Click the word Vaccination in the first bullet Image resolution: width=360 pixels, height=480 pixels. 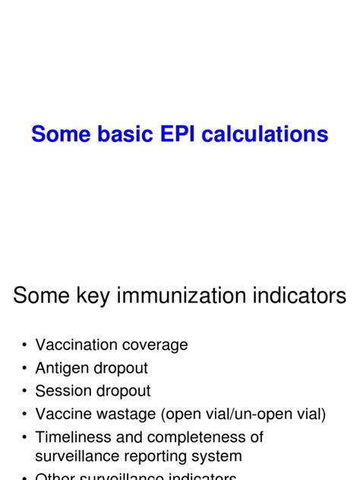[74, 345]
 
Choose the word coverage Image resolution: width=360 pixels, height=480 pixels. [153, 345]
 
